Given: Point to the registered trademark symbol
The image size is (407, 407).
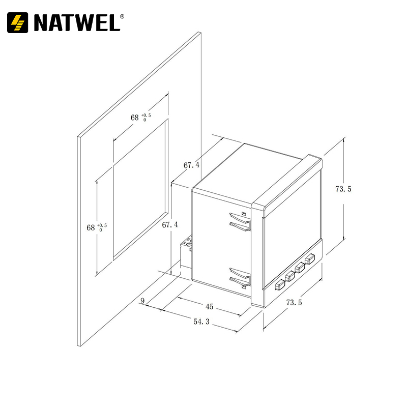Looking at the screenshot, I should pyautogui.click(x=122, y=16).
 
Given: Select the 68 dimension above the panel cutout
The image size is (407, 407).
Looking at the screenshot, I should pyautogui.click(x=135, y=118).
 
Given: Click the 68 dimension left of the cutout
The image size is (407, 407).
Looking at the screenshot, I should pyautogui.click(x=91, y=227).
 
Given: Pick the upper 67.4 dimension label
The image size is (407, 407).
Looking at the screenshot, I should pyautogui.click(x=191, y=165).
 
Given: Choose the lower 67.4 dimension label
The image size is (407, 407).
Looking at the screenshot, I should pyautogui.click(x=169, y=224).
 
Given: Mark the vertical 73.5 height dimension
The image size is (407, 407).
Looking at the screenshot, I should pyautogui.click(x=343, y=189).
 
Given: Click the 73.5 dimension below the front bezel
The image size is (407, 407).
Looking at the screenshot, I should pyautogui.click(x=294, y=303).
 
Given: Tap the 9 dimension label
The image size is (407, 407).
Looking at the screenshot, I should pyautogui.click(x=143, y=301).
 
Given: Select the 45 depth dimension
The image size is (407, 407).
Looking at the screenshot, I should pyautogui.click(x=209, y=306).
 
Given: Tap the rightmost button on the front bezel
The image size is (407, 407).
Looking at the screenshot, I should pyautogui.click(x=309, y=260).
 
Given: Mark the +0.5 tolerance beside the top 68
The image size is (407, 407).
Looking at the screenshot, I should pyautogui.click(x=146, y=115).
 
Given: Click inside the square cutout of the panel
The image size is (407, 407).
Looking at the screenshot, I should pyautogui.click(x=140, y=188).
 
